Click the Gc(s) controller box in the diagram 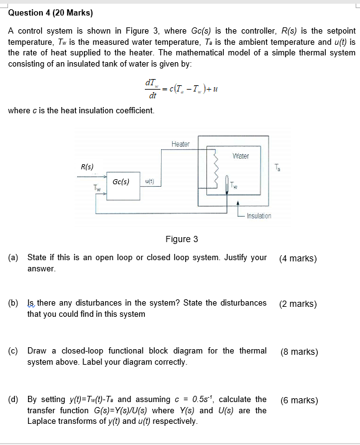[x=122, y=182]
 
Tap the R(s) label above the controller [x=88, y=166]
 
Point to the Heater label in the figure [x=180, y=144]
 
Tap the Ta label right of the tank [x=277, y=167]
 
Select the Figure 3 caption [x=182, y=239]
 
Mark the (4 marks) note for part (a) [x=298, y=258]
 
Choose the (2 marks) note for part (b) [x=298, y=304]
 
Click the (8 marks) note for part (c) [x=299, y=352]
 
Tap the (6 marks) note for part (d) [x=299, y=400]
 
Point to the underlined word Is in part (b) [x=30, y=303]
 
